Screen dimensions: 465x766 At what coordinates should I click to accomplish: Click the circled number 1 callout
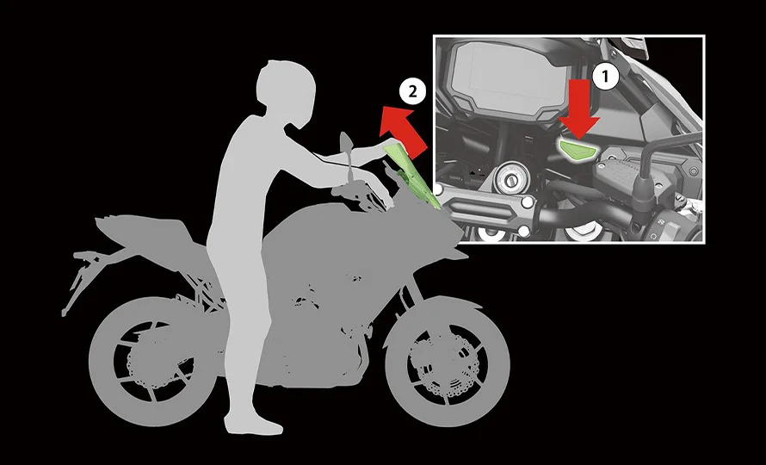coord(608,76)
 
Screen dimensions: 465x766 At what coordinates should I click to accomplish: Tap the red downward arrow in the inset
coord(582,108)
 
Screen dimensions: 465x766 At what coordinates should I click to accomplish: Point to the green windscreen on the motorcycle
coord(411,177)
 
